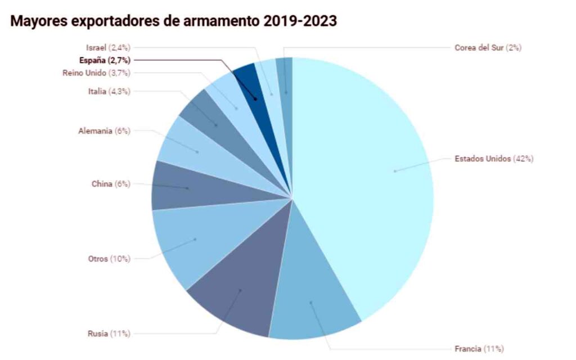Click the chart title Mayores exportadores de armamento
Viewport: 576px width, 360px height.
coord(174,21)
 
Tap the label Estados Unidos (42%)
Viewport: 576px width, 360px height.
coord(494,159)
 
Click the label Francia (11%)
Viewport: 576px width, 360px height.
coord(479,349)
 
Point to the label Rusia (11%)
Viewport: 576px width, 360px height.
coord(109,334)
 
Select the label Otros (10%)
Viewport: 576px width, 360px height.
coord(109,259)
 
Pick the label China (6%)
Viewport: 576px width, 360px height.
coord(111,184)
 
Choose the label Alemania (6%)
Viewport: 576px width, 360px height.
coord(104,131)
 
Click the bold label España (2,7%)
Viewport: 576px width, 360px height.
coord(105,60)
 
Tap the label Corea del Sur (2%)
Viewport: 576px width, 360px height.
coord(488,48)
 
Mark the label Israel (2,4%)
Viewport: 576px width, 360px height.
coord(109,48)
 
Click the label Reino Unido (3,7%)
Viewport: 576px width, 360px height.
coord(96,73)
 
